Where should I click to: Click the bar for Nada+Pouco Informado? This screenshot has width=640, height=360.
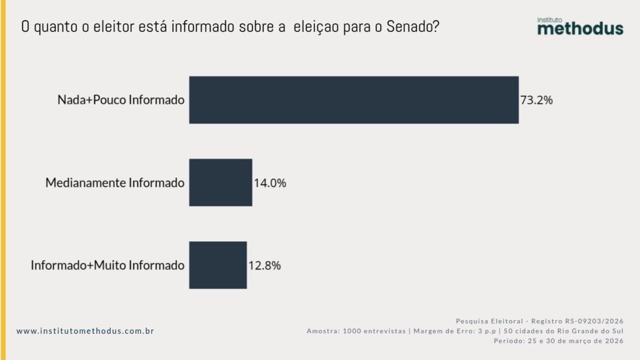point(354,100)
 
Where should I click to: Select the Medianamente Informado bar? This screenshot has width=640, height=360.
point(221,182)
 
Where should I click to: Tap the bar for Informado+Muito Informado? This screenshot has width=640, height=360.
point(218,265)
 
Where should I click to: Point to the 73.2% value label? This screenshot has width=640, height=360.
point(537,100)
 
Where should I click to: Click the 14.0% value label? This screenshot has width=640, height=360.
point(270,183)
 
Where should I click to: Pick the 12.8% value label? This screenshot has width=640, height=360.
point(264,266)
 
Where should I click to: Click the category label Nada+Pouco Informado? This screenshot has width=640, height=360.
point(121,100)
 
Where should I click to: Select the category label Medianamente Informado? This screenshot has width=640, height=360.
point(115,183)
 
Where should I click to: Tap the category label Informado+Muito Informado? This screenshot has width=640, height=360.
point(107,266)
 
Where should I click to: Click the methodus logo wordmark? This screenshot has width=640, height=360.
point(580,29)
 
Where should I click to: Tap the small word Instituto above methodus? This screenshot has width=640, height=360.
point(551,19)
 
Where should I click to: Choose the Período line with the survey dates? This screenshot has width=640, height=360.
point(558,341)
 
